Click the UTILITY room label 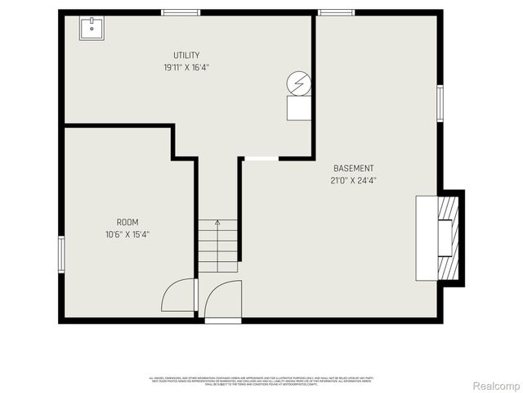click(x=186, y=55)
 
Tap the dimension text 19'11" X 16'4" click(x=186, y=67)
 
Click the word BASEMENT click(x=353, y=168)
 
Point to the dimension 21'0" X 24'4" click(x=353, y=180)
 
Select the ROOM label click(x=127, y=222)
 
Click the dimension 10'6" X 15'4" click(x=127, y=234)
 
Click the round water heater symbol click(x=299, y=83)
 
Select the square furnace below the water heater click(x=299, y=109)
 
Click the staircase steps click(x=217, y=246)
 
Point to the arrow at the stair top click(x=217, y=222)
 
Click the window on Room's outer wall click(x=60, y=253)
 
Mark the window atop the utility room click(x=181, y=12)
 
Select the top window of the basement click(x=330, y=12)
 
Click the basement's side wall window click(x=440, y=102)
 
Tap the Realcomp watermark click(x=496, y=385)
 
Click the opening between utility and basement click(x=260, y=158)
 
